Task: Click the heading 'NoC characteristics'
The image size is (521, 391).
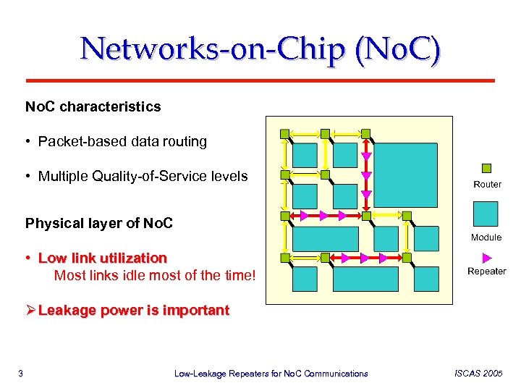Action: (x=93, y=107)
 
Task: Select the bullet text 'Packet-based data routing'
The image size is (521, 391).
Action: (x=122, y=142)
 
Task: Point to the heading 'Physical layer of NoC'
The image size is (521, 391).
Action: (x=99, y=223)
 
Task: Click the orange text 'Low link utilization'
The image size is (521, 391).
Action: (x=102, y=258)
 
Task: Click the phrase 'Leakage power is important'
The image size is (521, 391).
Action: (x=134, y=311)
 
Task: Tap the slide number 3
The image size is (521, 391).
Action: (x=21, y=374)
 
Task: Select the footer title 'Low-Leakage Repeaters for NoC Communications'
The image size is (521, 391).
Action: (x=271, y=374)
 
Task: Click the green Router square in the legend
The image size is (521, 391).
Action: (x=486, y=168)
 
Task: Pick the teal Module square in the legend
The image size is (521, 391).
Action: (x=486, y=214)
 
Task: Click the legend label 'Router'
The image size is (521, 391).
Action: (x=487, y=185)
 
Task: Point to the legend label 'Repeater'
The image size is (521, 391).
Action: (x=487, y=272)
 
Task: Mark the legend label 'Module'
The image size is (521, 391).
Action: (x=486, y=237)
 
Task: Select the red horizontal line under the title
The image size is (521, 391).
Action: (x=260, y=79)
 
